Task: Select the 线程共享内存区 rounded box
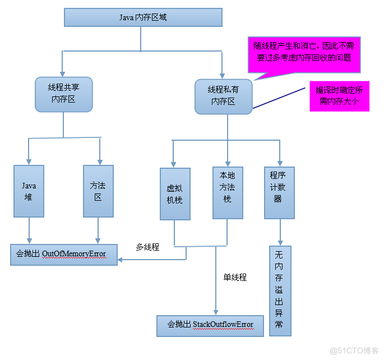[x=63, y=94]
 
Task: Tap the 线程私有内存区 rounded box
[x=223, y=96]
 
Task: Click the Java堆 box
[x=29, y=191]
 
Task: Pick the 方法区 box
[x=98, y=191]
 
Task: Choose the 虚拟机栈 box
[x=174, y=194]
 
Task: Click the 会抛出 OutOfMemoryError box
[x=64, y=254]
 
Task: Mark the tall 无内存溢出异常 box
[x=279, y=290]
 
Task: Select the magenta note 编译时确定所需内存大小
[x=339, y=96]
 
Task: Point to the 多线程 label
[x=147, y=247]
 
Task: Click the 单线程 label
[x=235, y=277]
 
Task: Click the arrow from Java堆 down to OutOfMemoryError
[x=29, y=230]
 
